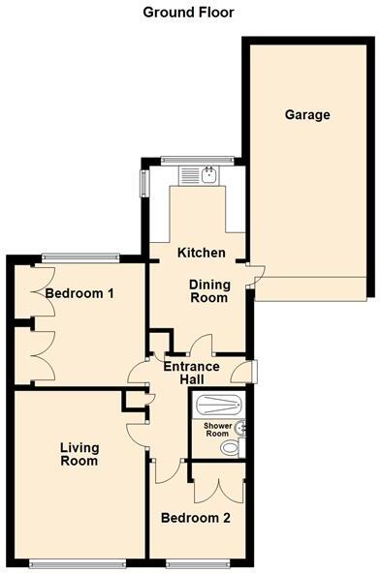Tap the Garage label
pos(307,115)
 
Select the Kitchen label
pos(202,253)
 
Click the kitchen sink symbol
pos(206,174)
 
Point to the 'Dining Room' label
pos(208,290)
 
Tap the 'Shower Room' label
pos(216,430)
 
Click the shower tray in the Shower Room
pos(218,406)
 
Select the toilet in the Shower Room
pos(231,448)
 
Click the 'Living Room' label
pos(79,454)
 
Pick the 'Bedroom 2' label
pos(197,518)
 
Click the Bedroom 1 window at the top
pos(79,257)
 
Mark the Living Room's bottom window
pos(79,562)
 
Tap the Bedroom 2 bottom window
pos(198,562)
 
